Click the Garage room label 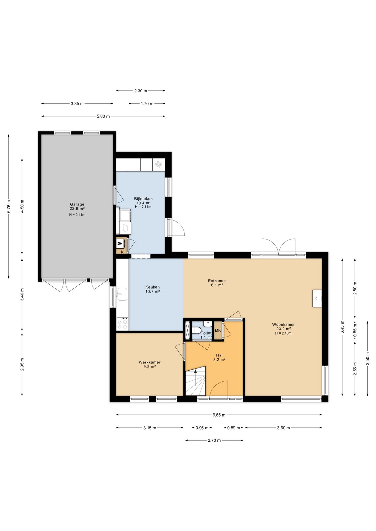pos(77,204)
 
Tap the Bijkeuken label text pos(143,199)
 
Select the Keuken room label pos(153,287)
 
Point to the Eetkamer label pos(217,281)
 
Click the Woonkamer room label pos(283,324)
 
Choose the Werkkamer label pos(150,362)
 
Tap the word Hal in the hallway pos(219,355)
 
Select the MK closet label pos(218,330)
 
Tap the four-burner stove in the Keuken pos(122,324)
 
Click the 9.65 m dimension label pos(219,415)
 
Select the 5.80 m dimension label pos(103,116)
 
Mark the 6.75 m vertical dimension pos(9,206)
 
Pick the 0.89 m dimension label pos(233,428)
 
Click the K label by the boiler pos(122,252)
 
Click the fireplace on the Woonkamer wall pos(317,298)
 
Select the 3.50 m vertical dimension pos(368,359)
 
